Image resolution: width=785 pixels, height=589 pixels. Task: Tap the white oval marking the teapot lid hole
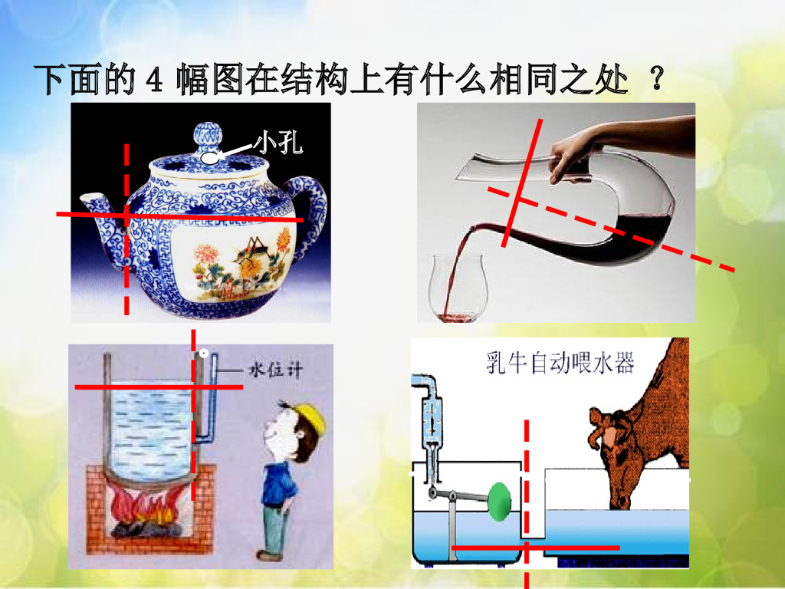[x=209, y=158]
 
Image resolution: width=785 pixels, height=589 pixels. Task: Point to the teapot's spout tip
[x=85, y=199]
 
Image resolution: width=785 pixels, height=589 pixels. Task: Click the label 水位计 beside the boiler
[x=275, y=370]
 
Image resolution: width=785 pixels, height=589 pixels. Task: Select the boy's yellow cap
[x=307, y=415]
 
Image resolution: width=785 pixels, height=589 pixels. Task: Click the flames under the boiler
[x=145, y=506]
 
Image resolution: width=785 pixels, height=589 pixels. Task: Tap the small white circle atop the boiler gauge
[x=204, y=353]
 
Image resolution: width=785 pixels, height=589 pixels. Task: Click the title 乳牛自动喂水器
[x=560, y=362]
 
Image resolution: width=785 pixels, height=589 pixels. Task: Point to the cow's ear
[x=598, y=421]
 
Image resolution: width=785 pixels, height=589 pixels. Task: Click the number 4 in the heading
[x=153, y=80]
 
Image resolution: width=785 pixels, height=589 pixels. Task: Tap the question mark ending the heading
[x=657, y=79]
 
